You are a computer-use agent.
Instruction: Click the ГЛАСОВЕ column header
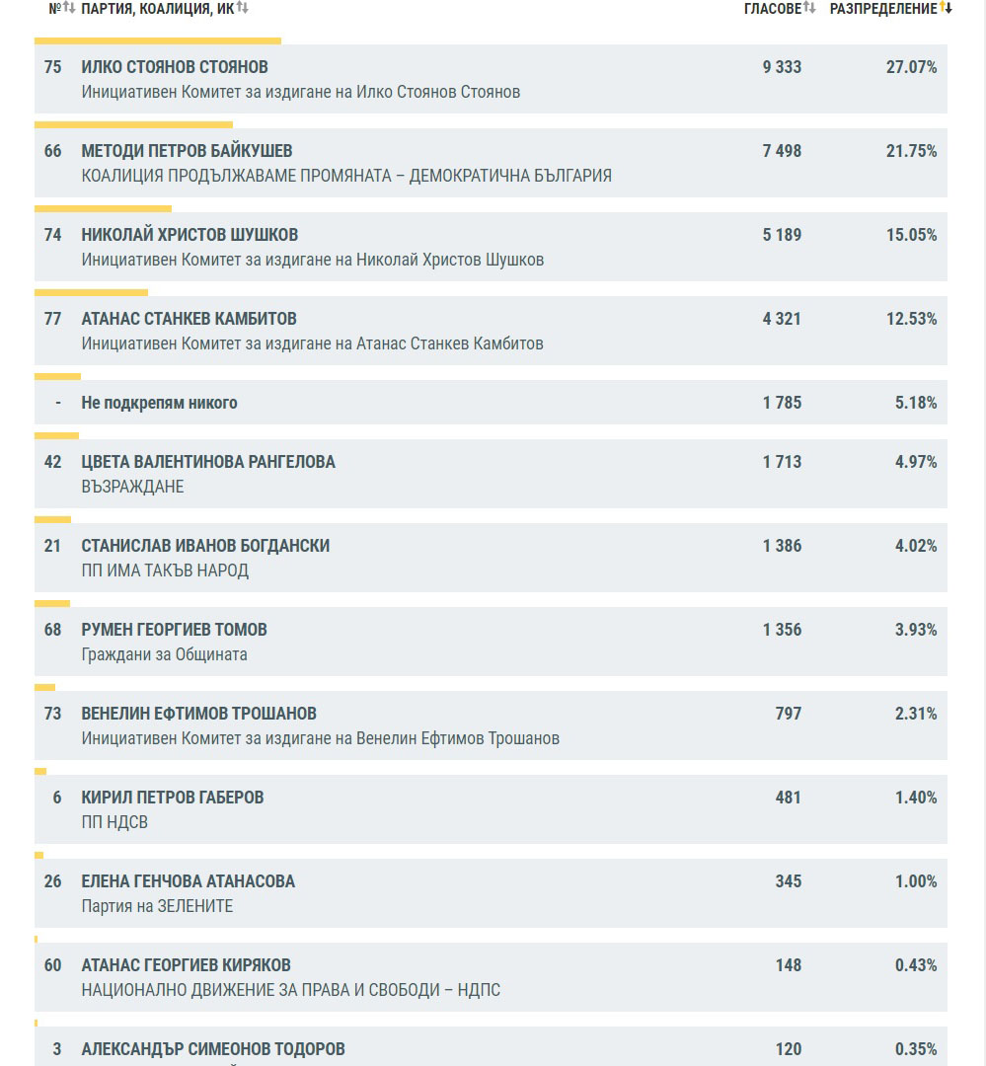[772, 9]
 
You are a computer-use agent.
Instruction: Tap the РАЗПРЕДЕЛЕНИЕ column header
[882, 9]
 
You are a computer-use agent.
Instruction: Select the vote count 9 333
[782, 67]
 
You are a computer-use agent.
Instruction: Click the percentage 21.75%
[915, 151]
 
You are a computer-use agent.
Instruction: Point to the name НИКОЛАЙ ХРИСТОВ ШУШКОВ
[190, 235]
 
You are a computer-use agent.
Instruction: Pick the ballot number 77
[53, 319]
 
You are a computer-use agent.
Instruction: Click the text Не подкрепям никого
[159, 403]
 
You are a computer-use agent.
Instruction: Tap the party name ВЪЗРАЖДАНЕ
[132, 487]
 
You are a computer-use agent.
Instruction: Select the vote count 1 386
[782, 546]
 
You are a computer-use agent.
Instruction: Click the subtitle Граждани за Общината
[164, 654]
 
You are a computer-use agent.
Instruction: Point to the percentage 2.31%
[916, 714]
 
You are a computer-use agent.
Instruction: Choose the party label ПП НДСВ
[114, 822]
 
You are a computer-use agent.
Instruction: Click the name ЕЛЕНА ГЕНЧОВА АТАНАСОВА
[188, 881]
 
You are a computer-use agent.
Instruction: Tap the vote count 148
[788, 965]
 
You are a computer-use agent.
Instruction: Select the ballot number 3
[56, 1049]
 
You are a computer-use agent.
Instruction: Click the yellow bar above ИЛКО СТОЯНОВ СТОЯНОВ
[158, 40]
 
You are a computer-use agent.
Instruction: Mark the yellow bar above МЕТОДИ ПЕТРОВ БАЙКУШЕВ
[133, 124]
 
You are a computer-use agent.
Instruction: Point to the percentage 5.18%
[916, 403]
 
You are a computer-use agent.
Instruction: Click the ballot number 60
[53, 965]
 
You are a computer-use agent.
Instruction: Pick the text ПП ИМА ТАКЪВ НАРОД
[165, 571]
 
